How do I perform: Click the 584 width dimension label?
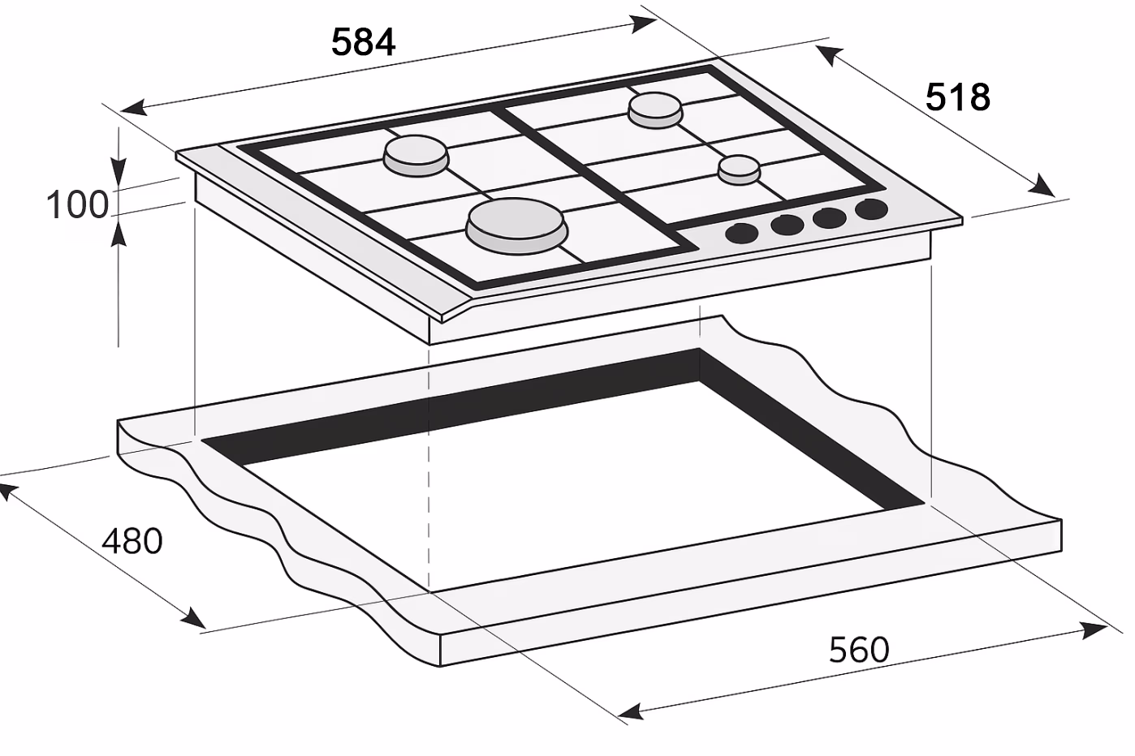point(363,42)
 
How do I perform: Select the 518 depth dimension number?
point(957,97)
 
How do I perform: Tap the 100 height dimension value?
point(77,204)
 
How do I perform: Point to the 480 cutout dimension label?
point(132,541)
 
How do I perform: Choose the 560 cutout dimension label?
point(859,650)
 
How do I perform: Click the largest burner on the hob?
point(516,226)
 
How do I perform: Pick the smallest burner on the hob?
point(739,170)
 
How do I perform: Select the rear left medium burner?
point(416,156)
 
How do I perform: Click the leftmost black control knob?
point(741,234)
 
